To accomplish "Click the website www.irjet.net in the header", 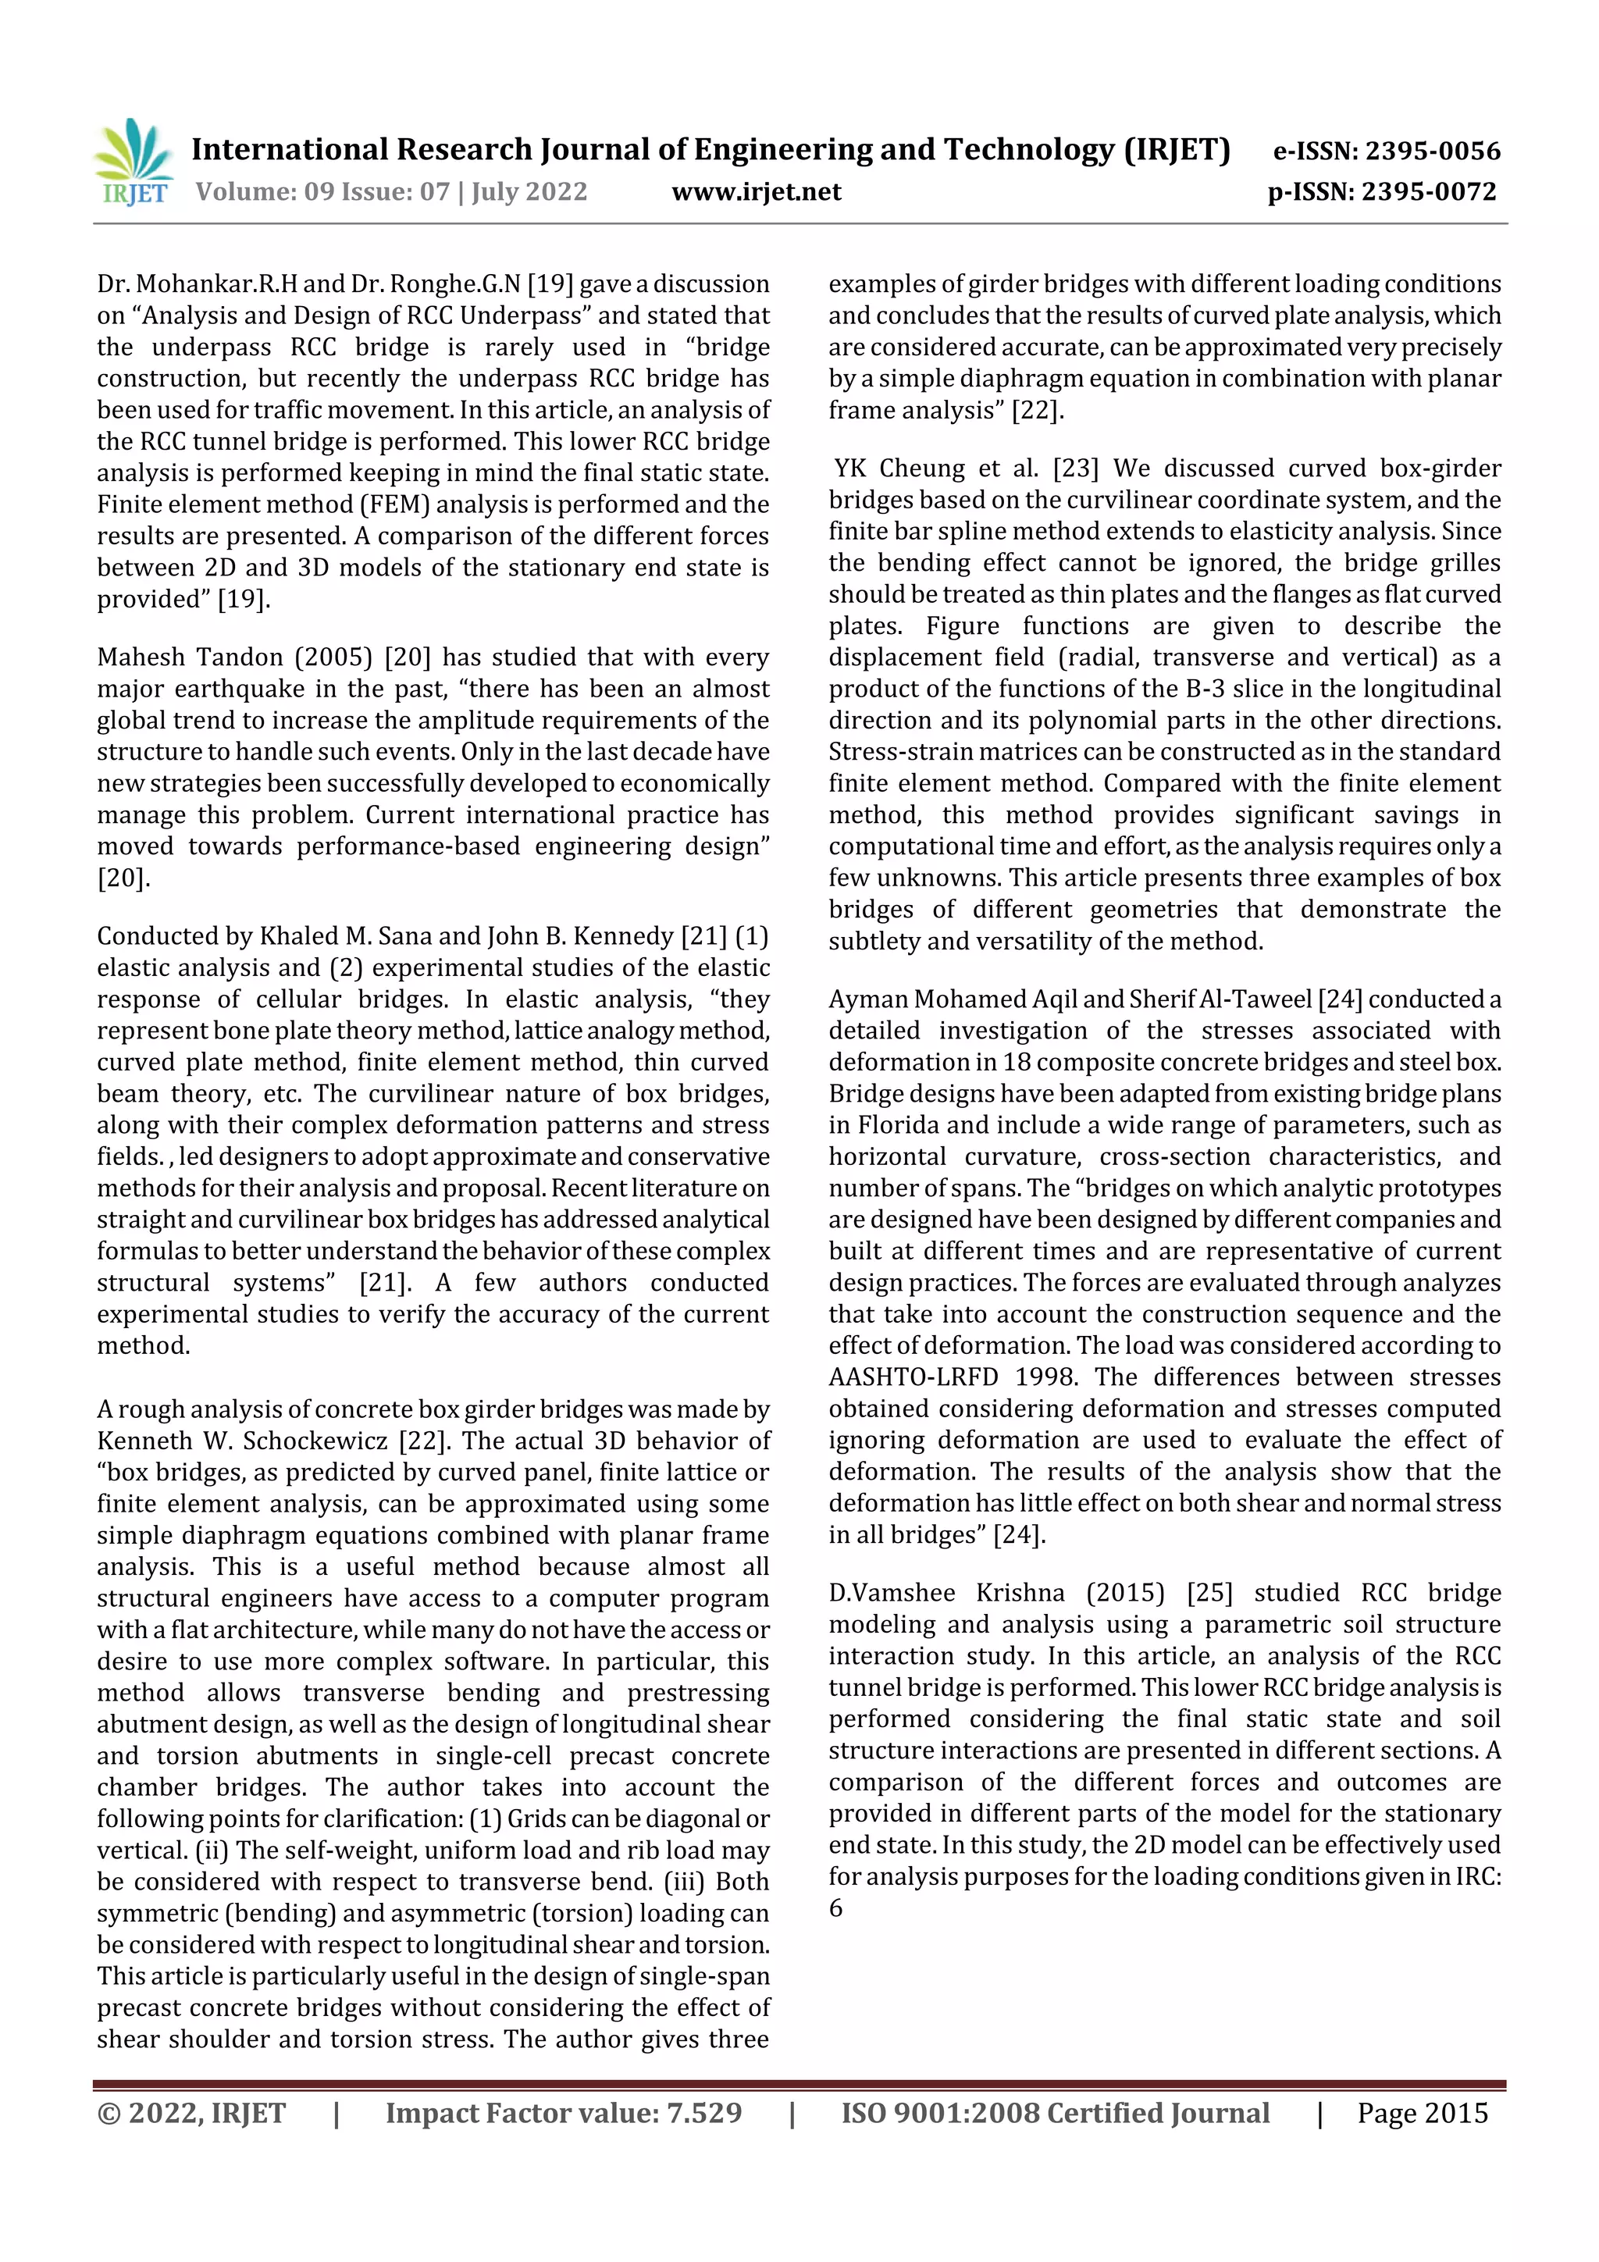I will [756, 192].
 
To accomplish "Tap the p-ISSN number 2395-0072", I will [1429, 192].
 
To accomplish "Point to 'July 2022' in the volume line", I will [529, 192].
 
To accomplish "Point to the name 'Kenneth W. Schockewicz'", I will [242, 1441].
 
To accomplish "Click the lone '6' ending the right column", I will [835, 1908].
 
